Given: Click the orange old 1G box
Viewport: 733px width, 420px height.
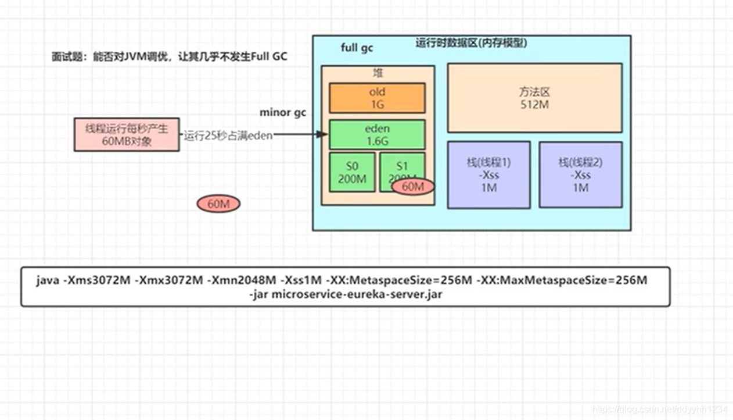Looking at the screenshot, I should coord(377,98).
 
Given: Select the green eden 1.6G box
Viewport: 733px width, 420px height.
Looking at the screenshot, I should coord(377,135).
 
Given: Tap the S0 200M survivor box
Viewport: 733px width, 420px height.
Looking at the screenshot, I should coord(351,172).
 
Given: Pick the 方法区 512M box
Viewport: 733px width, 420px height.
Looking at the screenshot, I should coord(534,98).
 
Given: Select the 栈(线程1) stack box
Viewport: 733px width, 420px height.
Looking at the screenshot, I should coord(488,175).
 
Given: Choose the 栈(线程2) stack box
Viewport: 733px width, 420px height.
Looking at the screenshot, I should coord(580,175).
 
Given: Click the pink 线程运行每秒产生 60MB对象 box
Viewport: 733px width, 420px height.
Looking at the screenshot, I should coord(127,135).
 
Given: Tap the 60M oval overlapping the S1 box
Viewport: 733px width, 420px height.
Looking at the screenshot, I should coord(413,187).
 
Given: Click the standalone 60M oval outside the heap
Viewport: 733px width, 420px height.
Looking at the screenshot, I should coord(218,204).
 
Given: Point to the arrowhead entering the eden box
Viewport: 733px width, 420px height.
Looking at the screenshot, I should coord(324,135).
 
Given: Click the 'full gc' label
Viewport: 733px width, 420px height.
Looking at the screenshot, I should coord(357,48).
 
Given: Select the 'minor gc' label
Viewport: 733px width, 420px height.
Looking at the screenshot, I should coord(282,112).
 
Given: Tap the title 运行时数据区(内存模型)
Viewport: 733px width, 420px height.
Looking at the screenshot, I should coord(471,43).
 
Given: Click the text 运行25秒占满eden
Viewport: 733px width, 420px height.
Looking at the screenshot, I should coord(228,136).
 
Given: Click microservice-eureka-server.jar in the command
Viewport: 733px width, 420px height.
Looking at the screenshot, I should coord(356,294).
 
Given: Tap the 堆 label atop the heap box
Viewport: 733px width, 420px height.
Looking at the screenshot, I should coord(378,73).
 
